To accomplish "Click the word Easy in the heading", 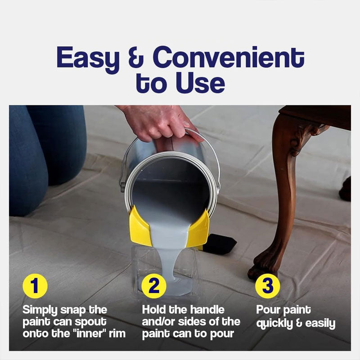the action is click(x=88, y=59).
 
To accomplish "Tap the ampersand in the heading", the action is click(x=136, y=58).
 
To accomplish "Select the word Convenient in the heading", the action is click(x=229, y=57).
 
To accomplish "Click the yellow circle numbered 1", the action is click(x=35, y=286).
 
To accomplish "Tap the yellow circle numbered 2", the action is click(x=153, y=286).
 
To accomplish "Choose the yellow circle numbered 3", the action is click(x=267, y=286).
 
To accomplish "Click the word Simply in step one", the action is click(x=40, y=310).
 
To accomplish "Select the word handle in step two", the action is click(x=207, y=310).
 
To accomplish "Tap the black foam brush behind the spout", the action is click(x=219, y=244).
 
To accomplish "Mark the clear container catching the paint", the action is click(x=164, y=271).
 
